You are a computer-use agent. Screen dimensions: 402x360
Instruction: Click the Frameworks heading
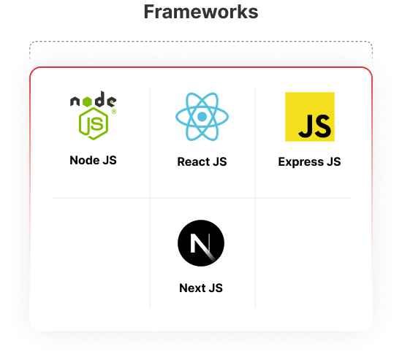pos(201,12)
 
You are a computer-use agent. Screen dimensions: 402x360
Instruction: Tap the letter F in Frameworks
pos(149,12)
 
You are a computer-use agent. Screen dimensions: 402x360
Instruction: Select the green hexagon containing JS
pos(94,123)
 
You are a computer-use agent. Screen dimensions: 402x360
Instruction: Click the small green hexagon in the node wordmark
pos(87,102)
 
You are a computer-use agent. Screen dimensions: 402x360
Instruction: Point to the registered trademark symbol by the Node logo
pos(114,112)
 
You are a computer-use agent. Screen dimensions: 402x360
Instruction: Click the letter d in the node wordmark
pos(99,99)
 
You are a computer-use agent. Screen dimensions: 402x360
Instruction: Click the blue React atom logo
pos(202,117)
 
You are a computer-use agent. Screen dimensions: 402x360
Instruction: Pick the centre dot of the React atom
pos(202,117)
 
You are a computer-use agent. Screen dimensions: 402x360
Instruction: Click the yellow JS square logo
pos(310,117)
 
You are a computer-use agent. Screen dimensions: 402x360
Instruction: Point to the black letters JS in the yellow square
pos(314,126)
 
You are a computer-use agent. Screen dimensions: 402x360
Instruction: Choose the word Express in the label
pos(301,162)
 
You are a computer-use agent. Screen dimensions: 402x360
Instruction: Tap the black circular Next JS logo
pos(201,243)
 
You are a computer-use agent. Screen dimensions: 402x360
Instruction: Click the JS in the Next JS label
pos(216,288)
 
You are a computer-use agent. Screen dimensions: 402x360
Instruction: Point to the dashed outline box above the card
pos(201,41)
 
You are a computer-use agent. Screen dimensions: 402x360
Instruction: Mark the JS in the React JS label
pos(220,161)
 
